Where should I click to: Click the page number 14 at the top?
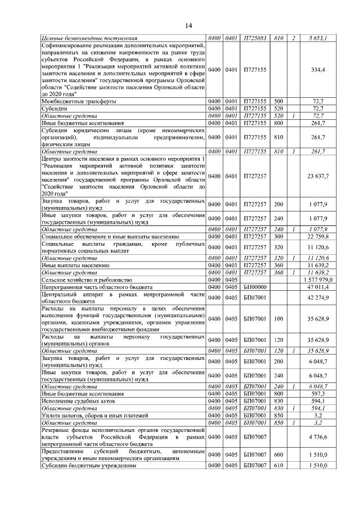[x=188, y=25]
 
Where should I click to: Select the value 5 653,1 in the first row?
[x=318, y=38]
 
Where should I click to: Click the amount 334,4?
[x=318, y=70]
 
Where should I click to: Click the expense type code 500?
[x=278, y=101]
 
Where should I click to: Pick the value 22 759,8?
[x=318, y=237]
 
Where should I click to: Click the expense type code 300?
[x=278, y=237]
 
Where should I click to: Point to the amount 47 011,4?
[x=318, y=286]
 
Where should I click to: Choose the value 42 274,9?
[x=318, y=297]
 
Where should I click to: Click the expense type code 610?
[x=278, y=465]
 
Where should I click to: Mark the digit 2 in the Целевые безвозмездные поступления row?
[x=294, y=38]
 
